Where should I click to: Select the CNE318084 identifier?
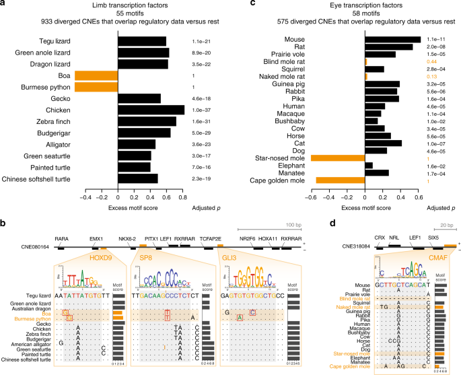(x=325, y=247)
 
